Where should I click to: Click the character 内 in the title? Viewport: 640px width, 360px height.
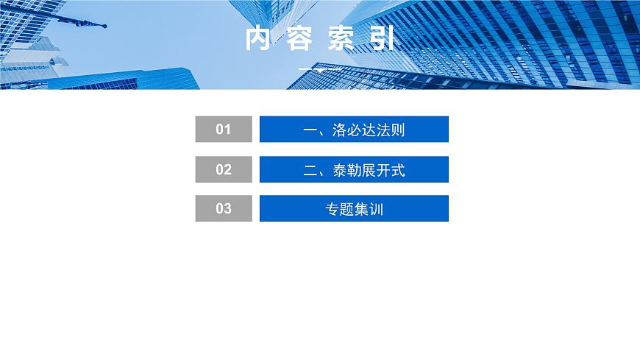(259, 40)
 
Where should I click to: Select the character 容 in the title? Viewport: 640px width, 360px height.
(300, 40)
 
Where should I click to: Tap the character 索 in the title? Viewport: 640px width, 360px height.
(341, 40)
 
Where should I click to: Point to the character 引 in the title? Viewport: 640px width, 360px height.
(381, 40)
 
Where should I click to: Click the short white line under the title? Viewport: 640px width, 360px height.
(320, 69)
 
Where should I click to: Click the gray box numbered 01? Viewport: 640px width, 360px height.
(224, 130)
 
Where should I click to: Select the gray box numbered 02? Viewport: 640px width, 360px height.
(224, 169)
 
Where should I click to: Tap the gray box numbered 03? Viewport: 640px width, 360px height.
(224, 208)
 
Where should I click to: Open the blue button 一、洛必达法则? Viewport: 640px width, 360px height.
(354, 130)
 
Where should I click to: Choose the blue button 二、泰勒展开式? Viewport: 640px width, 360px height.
(354, 169)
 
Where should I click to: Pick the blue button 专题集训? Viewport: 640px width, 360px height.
(354, 208)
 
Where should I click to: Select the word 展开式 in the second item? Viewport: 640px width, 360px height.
(383, 171)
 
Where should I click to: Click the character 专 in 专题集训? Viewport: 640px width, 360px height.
(332, 210)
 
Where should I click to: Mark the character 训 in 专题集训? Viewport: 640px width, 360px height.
(376, 210)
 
